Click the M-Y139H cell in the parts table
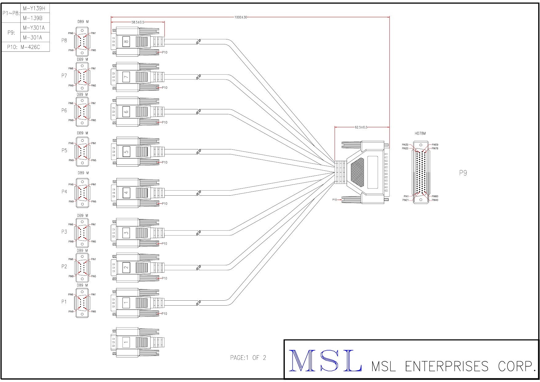(x=34, y=8)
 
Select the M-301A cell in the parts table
(x=32, y=38)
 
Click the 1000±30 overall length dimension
(x=241, y=17)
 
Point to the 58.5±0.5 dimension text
(x=138, y=22)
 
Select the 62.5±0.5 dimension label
(x=361, y=127)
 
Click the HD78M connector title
(x=420, y=133)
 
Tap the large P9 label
(x=463, y=173)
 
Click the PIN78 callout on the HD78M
(x=435, y=148)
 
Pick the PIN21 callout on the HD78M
(x=405, y=200)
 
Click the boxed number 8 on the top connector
(x=126, y=41)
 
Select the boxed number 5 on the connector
(x=126, y=152)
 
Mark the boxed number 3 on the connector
(x=126, y=233)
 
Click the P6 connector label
(x=64, y=110)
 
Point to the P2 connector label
(x=64, y=266)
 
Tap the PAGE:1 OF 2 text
(x=248, y=358)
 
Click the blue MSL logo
(x=325, y=360)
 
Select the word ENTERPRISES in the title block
(x=446, y=366)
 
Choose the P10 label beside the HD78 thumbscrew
(x=334, y=200)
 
